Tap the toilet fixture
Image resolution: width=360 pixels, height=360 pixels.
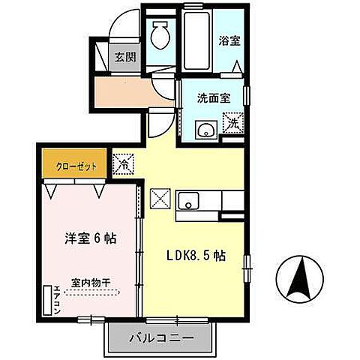coord(160,33)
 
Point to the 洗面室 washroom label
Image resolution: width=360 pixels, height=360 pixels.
coord(213,97)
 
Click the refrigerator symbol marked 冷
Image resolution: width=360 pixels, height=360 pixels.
coord(123,162)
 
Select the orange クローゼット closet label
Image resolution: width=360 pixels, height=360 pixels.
coord(75,166)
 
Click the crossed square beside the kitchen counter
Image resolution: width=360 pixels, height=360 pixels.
coord(160,199)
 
